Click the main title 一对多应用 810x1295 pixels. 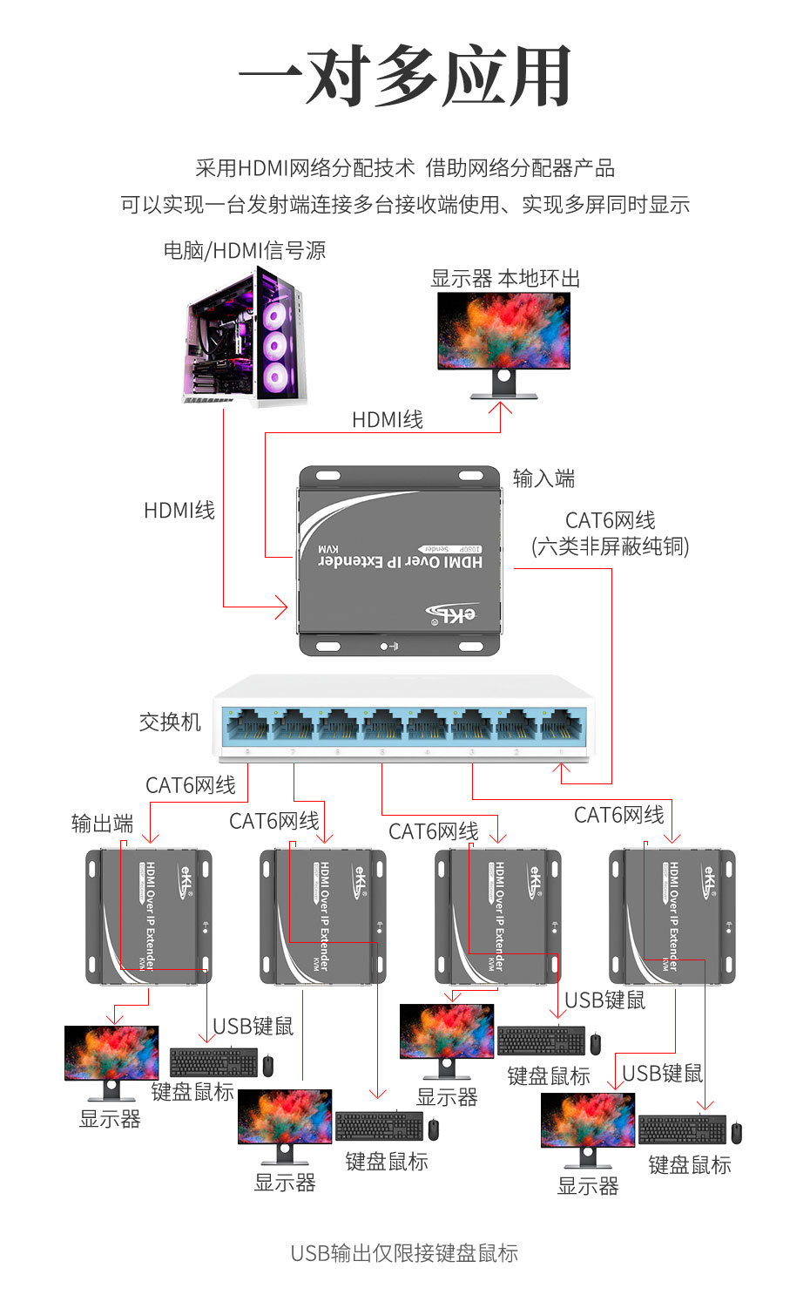click(405, 77)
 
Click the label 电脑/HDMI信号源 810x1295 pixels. click(245, 251)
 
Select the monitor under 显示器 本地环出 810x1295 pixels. click(503, 340)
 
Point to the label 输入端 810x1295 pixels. click(543, 478)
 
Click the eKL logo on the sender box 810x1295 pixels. click(452, 614)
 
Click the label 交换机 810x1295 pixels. click(170, 722)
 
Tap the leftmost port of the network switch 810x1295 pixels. click(247, 725)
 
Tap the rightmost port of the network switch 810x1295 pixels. click(563, 725)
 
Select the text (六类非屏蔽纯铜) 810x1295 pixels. click(611, 546)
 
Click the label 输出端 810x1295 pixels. click(102, 824)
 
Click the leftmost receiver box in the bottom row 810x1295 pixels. click(148, 917)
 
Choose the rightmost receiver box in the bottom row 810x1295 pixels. click(672, 917)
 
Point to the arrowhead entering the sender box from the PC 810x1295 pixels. click(281, 607)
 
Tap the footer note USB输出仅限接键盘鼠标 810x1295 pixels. click(404, 1253)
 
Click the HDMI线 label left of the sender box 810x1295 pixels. click(179, 511)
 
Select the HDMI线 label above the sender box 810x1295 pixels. click(388, 420)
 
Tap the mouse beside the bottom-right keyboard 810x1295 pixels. click(736, 1133)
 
